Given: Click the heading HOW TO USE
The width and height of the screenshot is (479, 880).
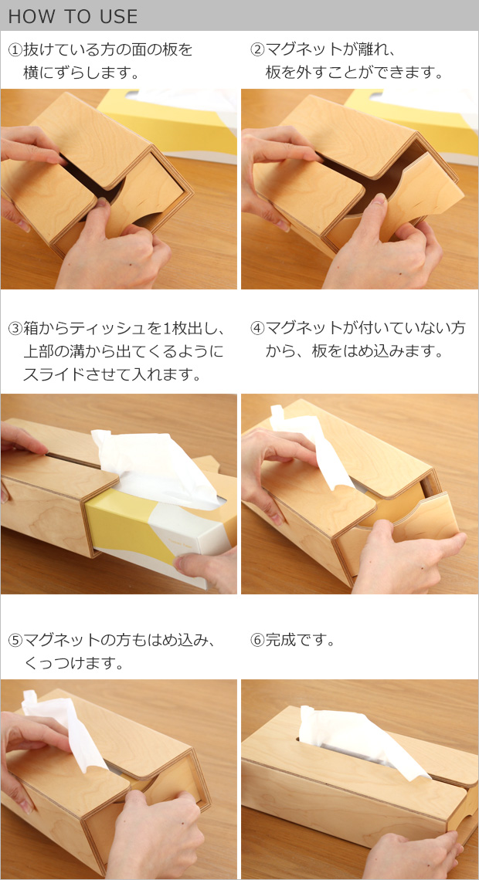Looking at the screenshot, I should [x=73, y=16].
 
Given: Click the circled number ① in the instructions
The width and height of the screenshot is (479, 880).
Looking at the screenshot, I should [x=15, y=50].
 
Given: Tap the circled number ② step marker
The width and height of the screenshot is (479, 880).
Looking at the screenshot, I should [x=257, y=50].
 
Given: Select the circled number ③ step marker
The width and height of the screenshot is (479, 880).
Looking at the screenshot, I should [x=15, y=328].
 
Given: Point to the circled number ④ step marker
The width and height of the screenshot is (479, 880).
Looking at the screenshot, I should [x=257, y=328].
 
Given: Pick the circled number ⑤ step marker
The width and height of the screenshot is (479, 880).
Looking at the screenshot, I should [x=15, y=640].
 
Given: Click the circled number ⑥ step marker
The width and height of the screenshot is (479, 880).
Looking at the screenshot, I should [x=257, y=640].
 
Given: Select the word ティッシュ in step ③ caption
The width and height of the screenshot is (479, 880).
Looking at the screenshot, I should [x=96, y=328].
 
